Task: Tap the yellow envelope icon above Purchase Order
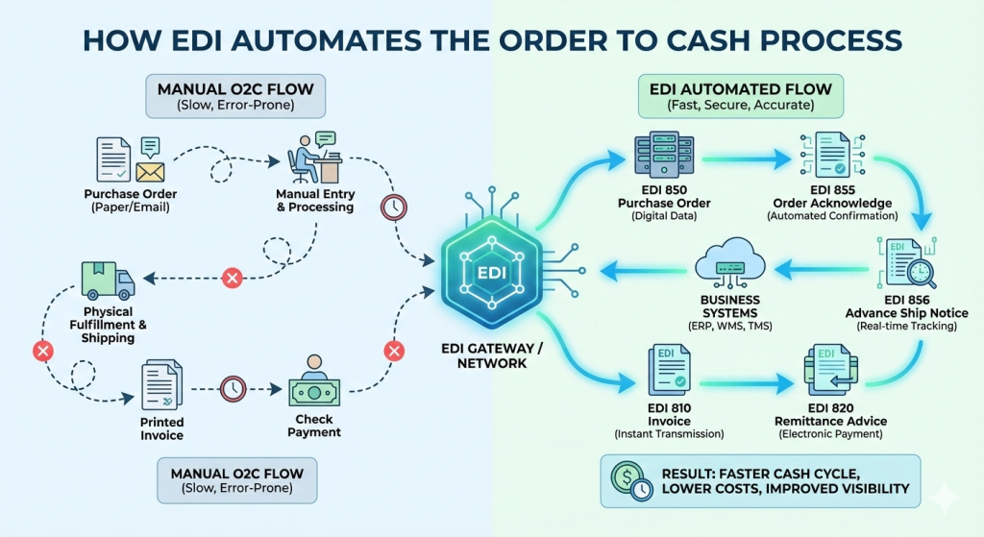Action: [x=150, y=172]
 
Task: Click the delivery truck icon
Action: [x=107, y=280]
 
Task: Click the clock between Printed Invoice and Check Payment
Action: [x=233, y=389]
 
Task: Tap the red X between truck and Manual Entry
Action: [x=231, y=279]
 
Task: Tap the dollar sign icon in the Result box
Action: [x=628, y=478]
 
